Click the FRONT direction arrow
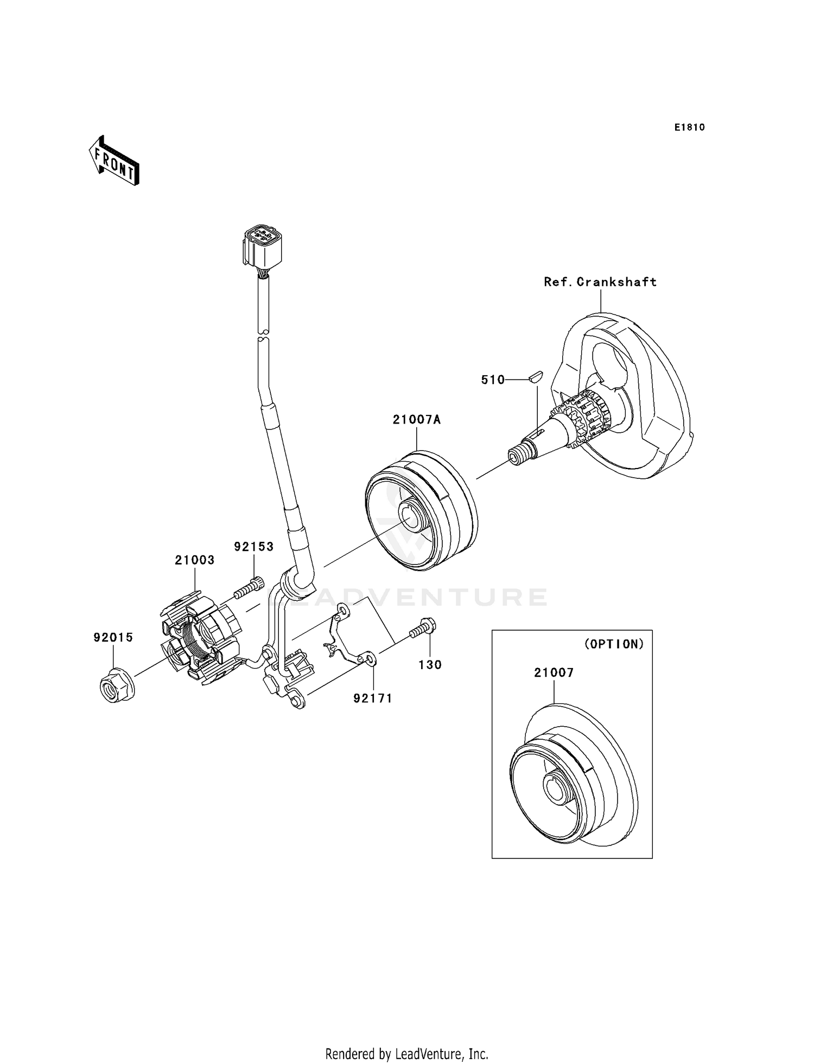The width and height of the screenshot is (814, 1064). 114,162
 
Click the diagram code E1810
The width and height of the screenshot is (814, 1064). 689,127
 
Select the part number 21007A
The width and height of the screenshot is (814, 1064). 417,419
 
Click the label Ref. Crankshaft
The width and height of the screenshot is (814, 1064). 600,282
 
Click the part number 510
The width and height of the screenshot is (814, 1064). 492,380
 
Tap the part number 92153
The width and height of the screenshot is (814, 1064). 254,547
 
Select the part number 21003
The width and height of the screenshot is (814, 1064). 194,560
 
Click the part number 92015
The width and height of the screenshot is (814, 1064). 113,638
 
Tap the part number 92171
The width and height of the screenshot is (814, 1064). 372,698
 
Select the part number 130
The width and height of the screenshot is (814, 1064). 430,665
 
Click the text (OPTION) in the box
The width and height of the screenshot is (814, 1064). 614,644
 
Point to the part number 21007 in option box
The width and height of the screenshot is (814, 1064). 554,672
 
